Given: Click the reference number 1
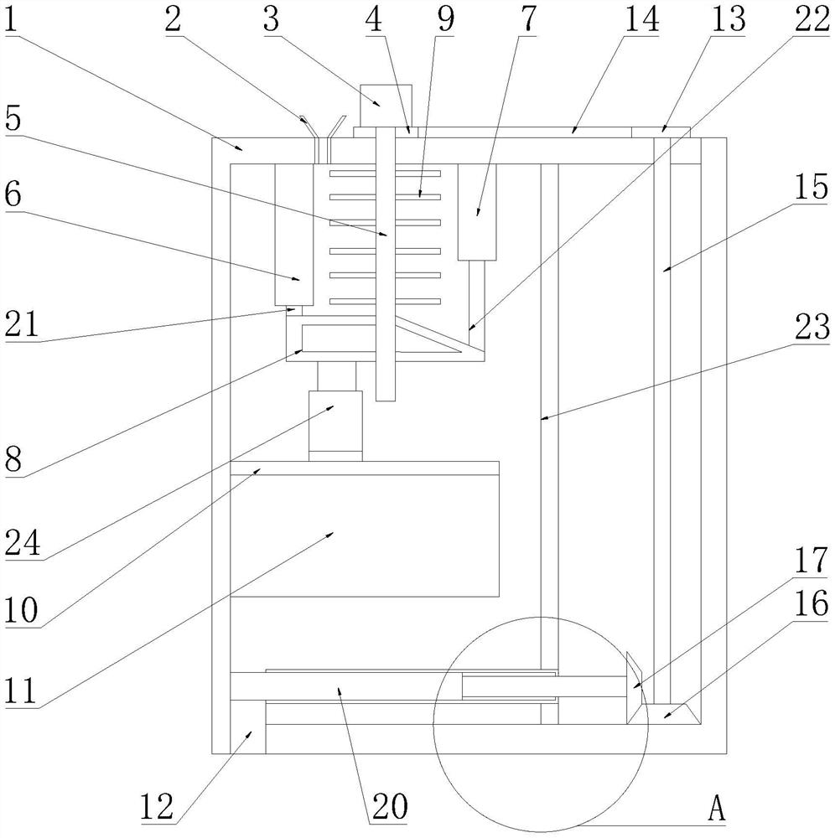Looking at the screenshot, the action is [x=11, y=20].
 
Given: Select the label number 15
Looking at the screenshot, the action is [x=811, y=187].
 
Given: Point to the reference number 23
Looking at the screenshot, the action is [x=812, y=327].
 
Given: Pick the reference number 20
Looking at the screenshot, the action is [x=390, y=805].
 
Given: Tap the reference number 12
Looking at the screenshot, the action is [x=157, y=806].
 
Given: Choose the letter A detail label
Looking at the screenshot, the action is [x=717, y=807].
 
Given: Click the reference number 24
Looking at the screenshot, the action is [x=22, y=544].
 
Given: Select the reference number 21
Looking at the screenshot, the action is [x=22, y=323].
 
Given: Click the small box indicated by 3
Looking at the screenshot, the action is [x=386, y=106].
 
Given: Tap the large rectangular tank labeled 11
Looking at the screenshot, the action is [x=365, y=529].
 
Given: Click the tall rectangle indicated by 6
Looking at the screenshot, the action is [x=294, y=235].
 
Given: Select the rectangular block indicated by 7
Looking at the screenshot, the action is [x=477, y=212].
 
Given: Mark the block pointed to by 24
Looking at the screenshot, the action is [x=335, y=426].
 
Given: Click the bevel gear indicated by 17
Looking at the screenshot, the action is [x=636, y=688].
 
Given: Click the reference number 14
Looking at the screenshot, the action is [x=641, y=19].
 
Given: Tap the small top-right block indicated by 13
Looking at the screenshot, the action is [x=661, y=132].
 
